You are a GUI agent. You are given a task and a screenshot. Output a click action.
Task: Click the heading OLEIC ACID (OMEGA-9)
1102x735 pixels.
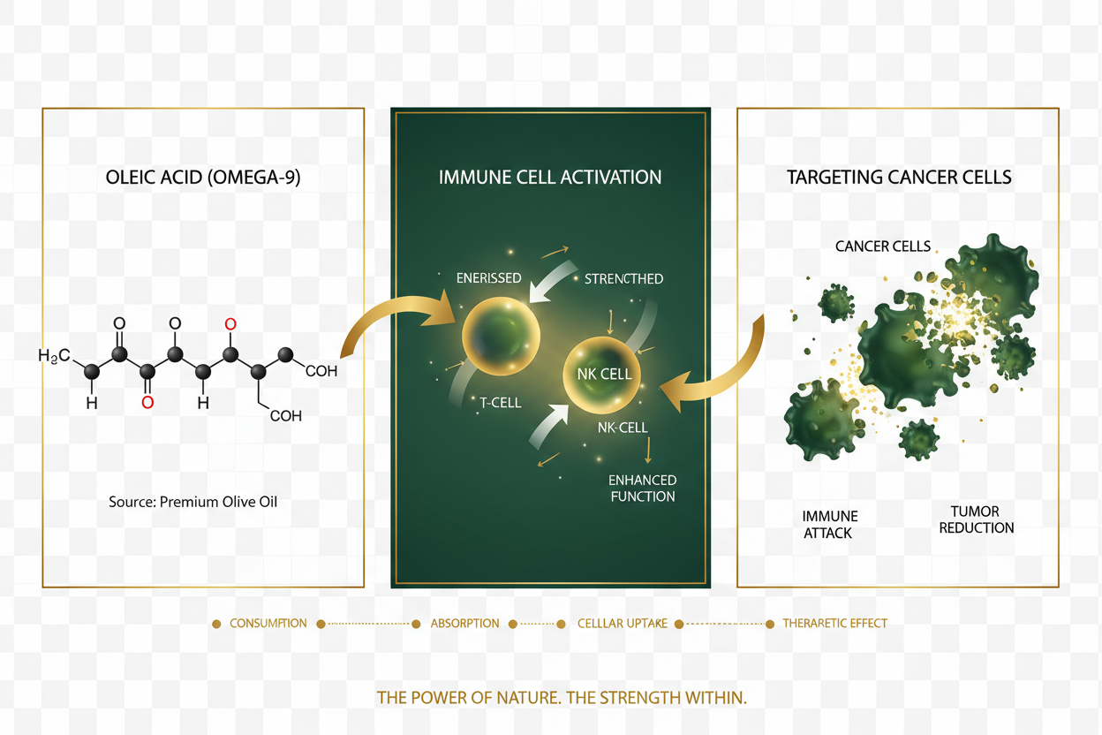pyautogui.click(x=204, y=177)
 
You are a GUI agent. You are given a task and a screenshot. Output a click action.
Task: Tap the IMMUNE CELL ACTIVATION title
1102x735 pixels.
pyautogui.click(x=550, y=177)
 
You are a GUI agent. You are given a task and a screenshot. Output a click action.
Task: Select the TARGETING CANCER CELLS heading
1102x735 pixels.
pyautogui.click(x=899, y=177)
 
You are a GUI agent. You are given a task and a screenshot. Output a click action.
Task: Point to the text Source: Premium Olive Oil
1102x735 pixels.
pyautogui.click(x=193, y=502)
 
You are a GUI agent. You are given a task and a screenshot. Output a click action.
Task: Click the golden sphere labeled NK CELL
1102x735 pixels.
pyautogui.click(x=604, y=374)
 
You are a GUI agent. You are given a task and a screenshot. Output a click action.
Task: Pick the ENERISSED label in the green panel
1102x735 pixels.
pyautogui.click(x=488, y=277)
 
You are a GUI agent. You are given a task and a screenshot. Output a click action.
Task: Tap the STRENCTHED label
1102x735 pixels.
pyautogui.click(x=623, y=278)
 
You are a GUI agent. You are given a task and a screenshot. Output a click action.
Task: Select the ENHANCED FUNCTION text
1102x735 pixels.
pyautogui.click(x=643, y=488)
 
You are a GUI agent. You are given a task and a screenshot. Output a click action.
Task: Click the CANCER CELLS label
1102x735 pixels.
pyautogui.click(x=883, y=246)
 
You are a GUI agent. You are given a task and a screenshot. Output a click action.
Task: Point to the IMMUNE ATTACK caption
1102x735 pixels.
pyautogui.click(x=829, y=524)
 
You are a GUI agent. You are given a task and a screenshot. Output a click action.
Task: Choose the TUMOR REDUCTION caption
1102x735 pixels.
pyautogui.click(x=976, y=519)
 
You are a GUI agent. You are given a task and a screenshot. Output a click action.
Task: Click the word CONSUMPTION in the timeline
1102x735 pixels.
pyautogui.click(x=268, y=624)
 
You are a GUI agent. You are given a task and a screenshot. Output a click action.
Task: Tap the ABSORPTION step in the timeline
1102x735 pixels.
pyautogui.click(x=464, y=624)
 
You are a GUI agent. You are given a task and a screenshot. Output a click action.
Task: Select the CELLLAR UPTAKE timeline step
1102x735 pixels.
pyautogui.click(x=622, y=624)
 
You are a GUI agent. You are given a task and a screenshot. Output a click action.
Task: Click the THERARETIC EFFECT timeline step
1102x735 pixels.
pyautogui.click(x=834, y=624)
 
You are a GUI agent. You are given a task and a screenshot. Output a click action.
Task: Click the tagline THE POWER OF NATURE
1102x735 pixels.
pyautogui.click(x=562, y=698)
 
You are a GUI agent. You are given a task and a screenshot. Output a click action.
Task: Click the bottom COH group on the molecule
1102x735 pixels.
pyautogui.click(x=285, y=415)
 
